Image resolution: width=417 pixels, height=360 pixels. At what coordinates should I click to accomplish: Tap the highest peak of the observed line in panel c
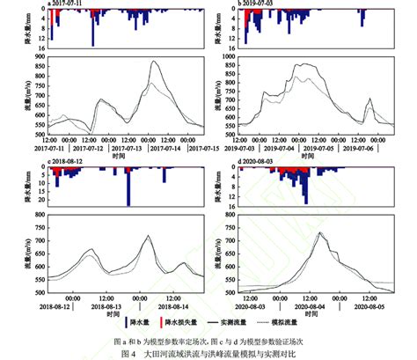(x=148, y=235)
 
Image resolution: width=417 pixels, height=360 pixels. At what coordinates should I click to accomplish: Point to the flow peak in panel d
(x=320, y=232)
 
